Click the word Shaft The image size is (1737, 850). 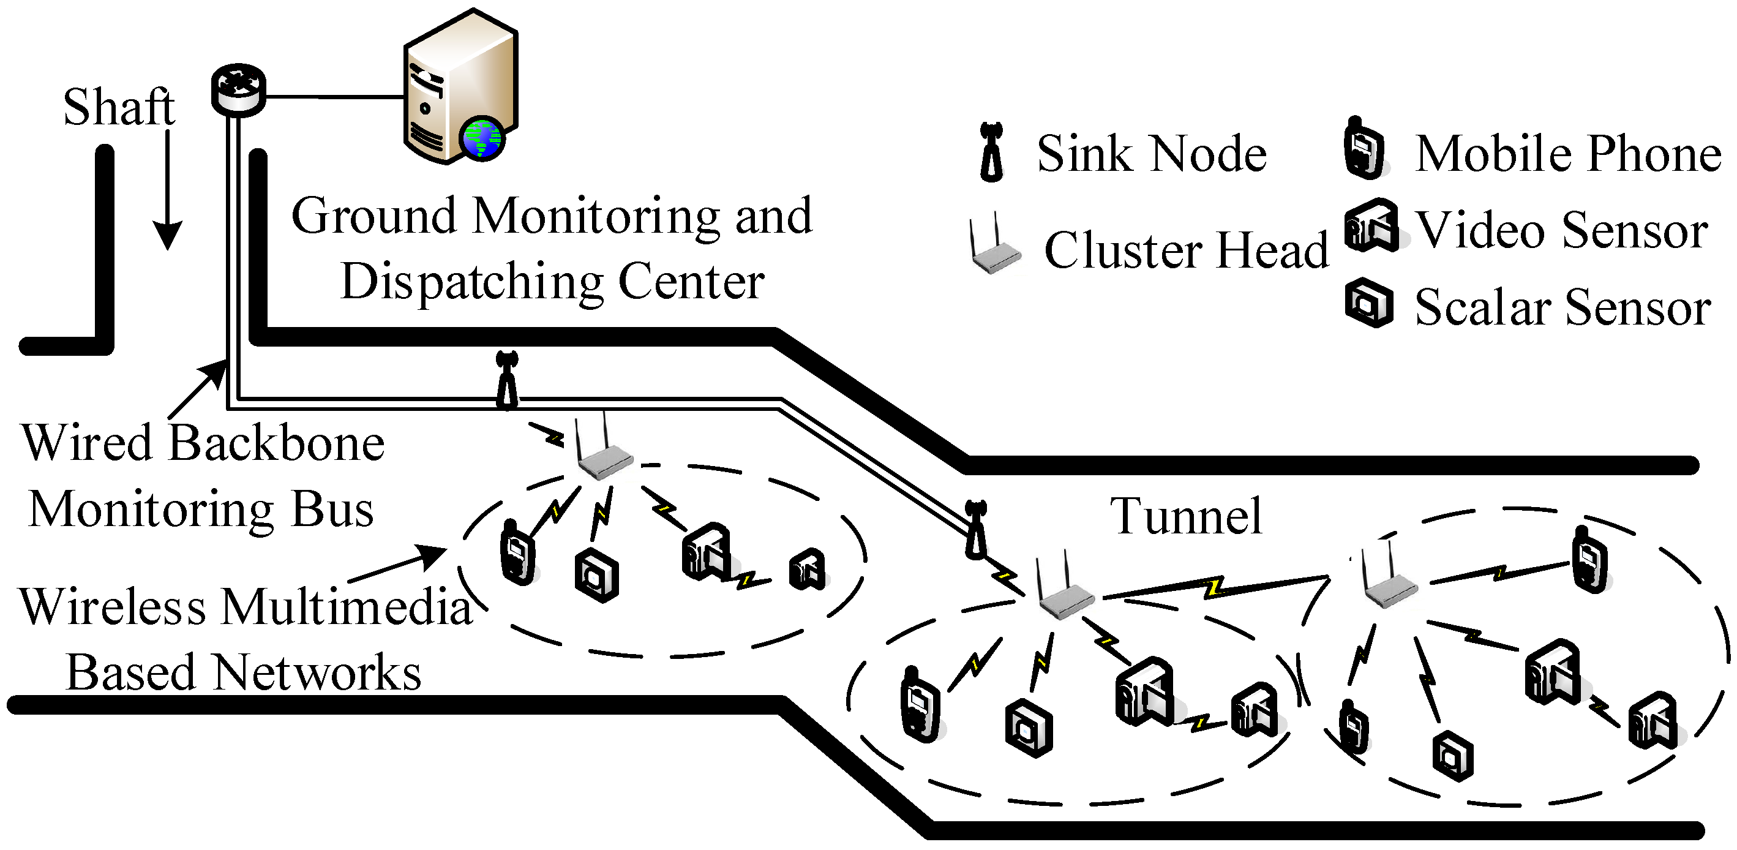[x=119, y=107]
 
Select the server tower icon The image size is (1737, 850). [x=460, y=86]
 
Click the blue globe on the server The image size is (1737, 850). [x=482, y=138]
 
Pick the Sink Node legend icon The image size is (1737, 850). [x=992, y=152]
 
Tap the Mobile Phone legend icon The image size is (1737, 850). [x=1364, y=149]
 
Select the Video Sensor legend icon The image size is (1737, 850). [x=1373, y=225]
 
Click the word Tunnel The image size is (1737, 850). [x=1186, y=516]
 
